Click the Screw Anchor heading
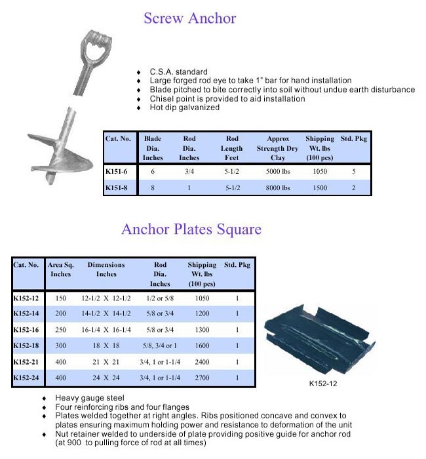pos(189,18)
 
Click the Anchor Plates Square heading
pos(191,229)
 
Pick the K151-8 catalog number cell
pos(116,188)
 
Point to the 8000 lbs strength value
pos(279,188)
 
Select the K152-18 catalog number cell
pos(27,345)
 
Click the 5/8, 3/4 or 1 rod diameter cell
pos(160,345)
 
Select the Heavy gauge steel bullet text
pos(88,398)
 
